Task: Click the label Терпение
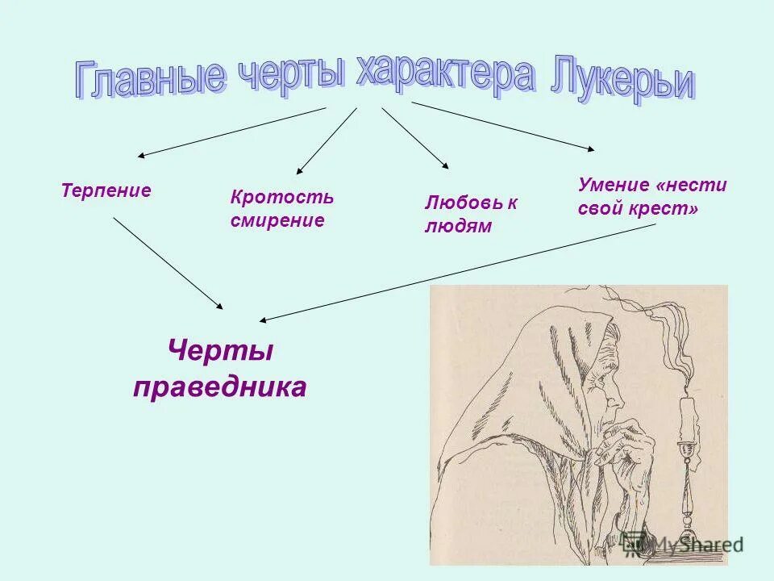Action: click(x=106, y=191)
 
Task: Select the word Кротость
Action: click(x=281, y=199)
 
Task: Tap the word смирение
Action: click(x=277, y=220)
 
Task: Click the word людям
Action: click(x=457, y=227)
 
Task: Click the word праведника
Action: click(x=220, y=387)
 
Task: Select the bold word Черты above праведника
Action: click(x=220, y=351)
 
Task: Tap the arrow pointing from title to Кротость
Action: click(x=327, y=140)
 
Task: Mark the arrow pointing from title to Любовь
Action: click(x=415, y=137)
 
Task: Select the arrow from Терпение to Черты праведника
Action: click(x=168, y=263)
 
